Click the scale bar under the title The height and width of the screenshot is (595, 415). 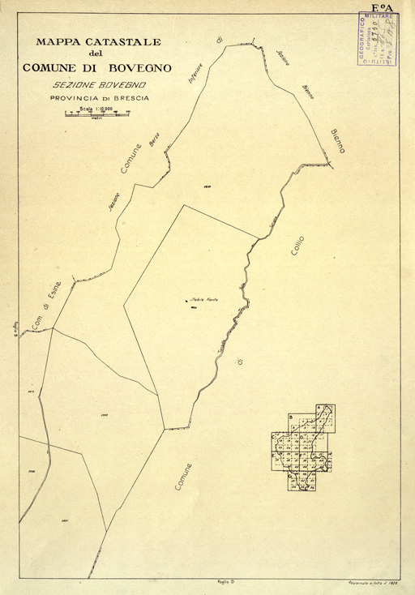pos(98,113)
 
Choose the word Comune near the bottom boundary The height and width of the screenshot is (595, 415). pos(182,477)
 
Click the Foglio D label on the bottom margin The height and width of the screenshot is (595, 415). pos(226,582)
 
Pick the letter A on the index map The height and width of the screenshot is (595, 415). pos(319,408)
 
